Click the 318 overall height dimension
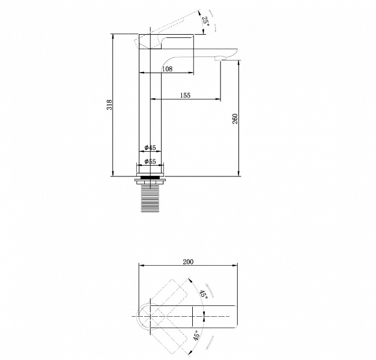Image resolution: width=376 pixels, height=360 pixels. (x=109, y=104)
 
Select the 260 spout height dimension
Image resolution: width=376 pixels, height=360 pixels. (x=235, y=119)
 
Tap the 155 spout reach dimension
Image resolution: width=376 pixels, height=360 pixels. (x=185, y=95)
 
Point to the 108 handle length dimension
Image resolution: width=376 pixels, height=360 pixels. (x=167, y=69)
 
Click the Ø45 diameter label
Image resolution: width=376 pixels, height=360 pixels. (x=150, y=148)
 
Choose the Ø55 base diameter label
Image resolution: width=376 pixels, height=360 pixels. (x=150, y=161)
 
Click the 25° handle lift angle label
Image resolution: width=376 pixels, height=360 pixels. (x=205, y=22)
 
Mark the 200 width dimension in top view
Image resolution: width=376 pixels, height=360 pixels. (x=188, y=262)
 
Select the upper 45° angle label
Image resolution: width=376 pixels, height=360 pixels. (x=204, y=293)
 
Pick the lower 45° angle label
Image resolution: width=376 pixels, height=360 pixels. (x=196, y=335)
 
